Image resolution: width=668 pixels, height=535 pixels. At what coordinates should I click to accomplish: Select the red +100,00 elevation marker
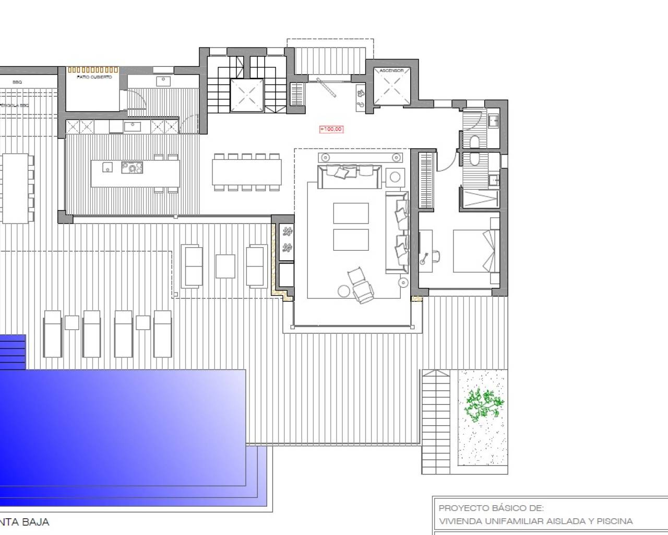331,129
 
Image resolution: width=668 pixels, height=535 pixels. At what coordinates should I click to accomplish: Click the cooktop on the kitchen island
132,167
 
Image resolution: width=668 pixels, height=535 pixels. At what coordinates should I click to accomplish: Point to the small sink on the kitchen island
107,167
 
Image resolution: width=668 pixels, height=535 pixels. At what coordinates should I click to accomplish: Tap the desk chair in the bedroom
433,257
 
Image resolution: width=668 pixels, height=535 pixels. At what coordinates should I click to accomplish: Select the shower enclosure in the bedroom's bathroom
479,199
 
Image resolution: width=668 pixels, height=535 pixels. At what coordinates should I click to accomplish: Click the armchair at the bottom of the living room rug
361,284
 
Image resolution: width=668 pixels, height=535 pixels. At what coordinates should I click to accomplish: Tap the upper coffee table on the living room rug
351,213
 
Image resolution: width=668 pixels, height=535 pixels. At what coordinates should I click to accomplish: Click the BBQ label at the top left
17,82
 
